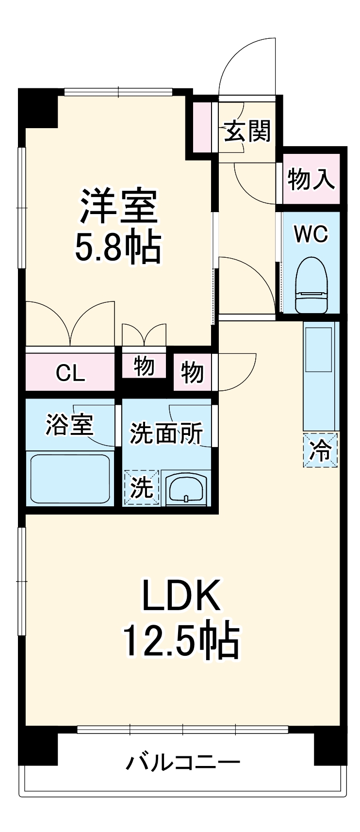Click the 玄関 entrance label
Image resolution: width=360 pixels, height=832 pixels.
click(247, 131)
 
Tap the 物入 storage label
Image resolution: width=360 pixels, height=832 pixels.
click(311, 179)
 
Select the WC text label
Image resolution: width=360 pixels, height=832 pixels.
click(311, 234)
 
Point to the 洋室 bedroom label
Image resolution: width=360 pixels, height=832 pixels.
click(118, 206)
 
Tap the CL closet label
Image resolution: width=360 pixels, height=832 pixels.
click(70, 373)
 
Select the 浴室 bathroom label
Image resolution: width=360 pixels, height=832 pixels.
click(69, 425)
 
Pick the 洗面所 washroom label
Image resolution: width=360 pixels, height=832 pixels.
click(166, 433)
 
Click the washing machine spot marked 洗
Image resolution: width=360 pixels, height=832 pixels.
click(142, 487)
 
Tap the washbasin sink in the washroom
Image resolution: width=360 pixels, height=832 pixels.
click(186, 488)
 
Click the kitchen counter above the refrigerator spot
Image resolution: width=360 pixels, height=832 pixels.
click(320, 374)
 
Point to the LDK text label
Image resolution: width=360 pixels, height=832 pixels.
click(180, 595)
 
